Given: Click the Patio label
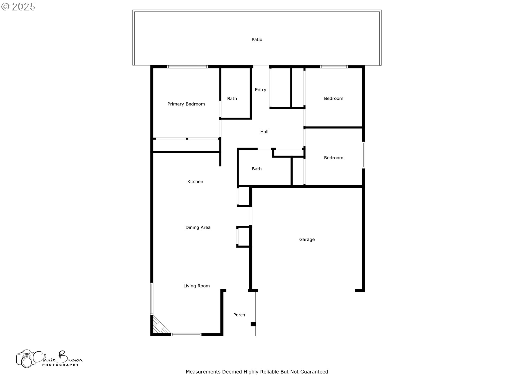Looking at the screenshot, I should coord(257,40).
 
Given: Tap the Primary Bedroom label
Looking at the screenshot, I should coord(186,104).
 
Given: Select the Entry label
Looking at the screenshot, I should coord(260,90).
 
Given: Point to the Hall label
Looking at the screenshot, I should coord(264,132).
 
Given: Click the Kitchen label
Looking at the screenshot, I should coord(195,182).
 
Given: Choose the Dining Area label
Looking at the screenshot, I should coord(198,228).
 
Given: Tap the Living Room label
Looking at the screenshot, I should coord(196,286).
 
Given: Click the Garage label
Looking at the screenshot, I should coord(307,240).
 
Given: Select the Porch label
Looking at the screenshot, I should coord(239,315).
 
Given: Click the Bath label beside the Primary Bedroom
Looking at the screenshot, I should coord(232,99).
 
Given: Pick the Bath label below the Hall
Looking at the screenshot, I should coord(257,169).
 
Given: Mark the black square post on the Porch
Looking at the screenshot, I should coord(253,324).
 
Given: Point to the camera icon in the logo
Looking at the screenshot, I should coord(25,359).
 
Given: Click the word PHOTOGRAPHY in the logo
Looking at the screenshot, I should coord(61,365).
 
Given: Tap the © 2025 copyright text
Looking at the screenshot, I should coord(18,7).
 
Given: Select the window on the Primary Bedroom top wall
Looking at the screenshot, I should coord(187,67).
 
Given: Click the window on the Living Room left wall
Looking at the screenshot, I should coord(152,299).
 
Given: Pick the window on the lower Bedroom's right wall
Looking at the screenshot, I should coord(363,155).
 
